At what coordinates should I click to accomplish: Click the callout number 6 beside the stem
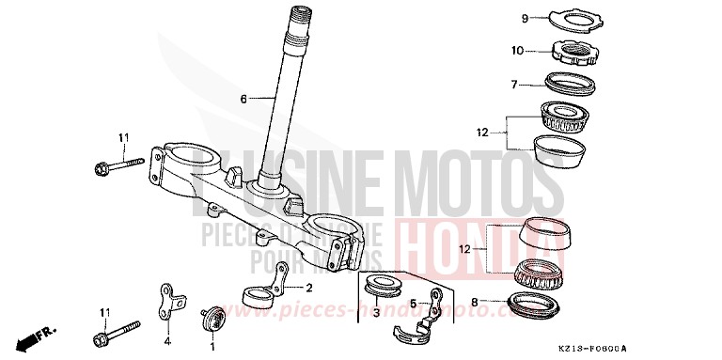(243, 99)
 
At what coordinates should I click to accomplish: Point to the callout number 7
(514, 85)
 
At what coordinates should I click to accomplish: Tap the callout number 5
(412, 303)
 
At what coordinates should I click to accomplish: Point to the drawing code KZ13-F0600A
(678, 347)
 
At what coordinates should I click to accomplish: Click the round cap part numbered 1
(212, 315)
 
